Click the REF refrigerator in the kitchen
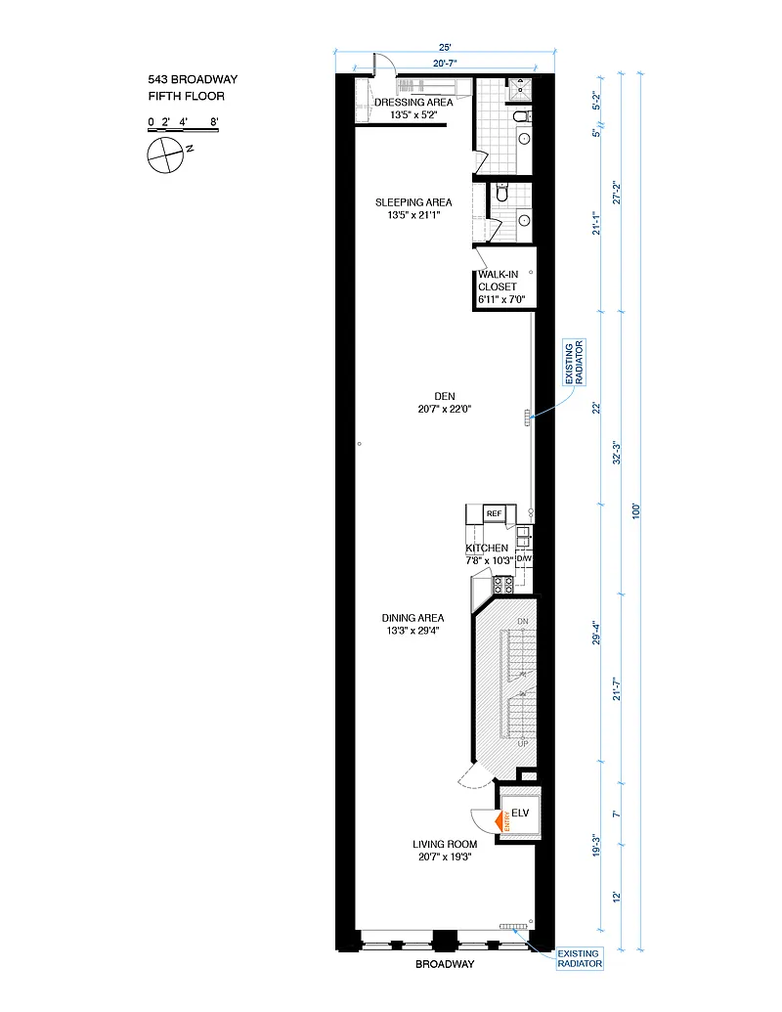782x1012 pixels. [495, 513]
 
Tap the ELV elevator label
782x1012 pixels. [520, 813]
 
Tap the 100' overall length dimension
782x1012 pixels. [636, 511]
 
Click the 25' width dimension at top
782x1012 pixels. [445, 47]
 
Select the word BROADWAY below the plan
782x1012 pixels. [445, 964]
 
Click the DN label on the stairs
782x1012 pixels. [523, 622]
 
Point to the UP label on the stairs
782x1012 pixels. [523, 743]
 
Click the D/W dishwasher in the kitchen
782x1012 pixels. [524, 558]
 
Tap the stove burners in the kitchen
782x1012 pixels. [503, 585]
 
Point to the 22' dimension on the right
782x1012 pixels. [597, 408]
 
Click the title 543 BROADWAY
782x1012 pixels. [193, 79]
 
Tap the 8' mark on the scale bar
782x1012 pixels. [213, 121]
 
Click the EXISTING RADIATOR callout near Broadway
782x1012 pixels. [580, 958]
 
